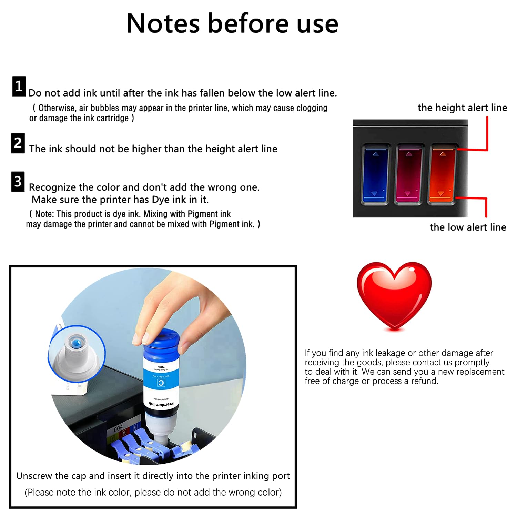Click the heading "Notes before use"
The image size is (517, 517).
232,23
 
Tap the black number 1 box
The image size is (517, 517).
19,86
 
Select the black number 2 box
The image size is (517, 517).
18,143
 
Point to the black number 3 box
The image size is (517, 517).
18,182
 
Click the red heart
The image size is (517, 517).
394,295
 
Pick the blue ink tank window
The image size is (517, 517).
375,174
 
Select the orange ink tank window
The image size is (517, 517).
442,174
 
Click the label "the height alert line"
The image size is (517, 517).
462,108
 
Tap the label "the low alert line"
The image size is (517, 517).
468,227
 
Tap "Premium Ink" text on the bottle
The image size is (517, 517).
161,404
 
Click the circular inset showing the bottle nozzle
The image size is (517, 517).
77,353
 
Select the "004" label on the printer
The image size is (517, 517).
118,428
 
